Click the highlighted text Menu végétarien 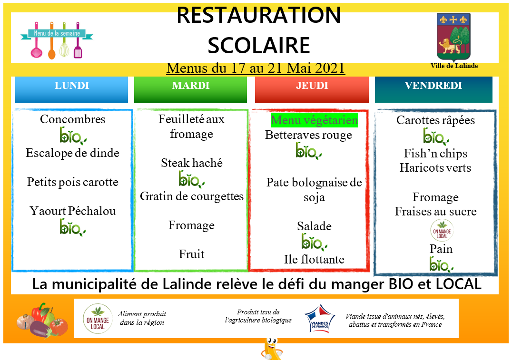[x=314, y=120]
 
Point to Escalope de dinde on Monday [x=72, y=153]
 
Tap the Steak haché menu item [x=192, y=163]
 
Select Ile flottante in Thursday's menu [x=314, y=259]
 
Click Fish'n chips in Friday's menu [x=435, y=154]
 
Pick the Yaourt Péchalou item [x=72, y=211]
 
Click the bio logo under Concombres [x=72, y=136]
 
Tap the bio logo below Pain [x=441, y=264]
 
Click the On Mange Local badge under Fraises [x=442, y=230]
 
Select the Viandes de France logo [x=320, y=319]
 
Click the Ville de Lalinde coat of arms [x=453, y=37]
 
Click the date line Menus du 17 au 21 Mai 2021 [x=256, y=68]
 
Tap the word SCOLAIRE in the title [x=258, y=45]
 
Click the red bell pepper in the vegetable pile [x=39, y=312]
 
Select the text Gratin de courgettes [x=192, y=196]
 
